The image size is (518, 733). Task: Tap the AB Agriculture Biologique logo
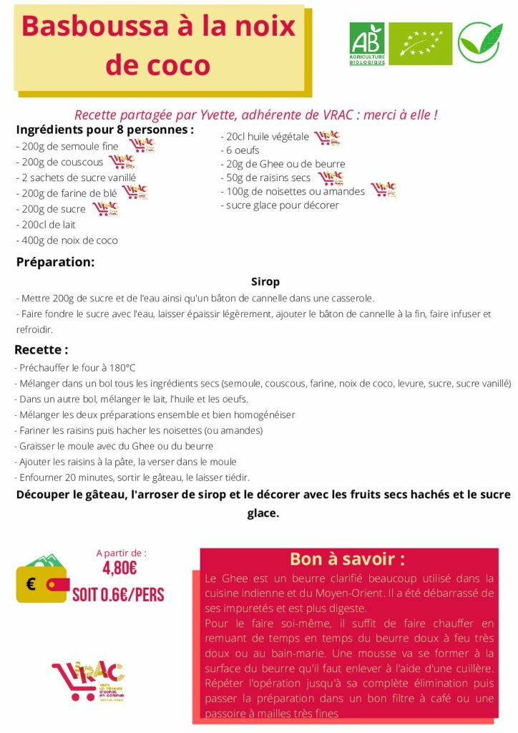366,44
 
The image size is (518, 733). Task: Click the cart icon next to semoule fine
142,145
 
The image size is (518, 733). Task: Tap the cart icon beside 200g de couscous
122,162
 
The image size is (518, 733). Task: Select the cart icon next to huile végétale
327,137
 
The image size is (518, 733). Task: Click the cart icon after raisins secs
330,178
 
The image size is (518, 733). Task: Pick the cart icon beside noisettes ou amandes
383,190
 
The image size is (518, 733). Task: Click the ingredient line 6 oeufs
243,150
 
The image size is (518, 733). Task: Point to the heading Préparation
55,262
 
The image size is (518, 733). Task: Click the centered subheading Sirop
265,282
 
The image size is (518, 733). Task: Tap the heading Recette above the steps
41,350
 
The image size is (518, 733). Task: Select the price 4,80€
120,568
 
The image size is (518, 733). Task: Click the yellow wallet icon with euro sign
41,581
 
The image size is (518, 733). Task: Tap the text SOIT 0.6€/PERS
118,594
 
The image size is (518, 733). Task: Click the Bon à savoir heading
347,559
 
